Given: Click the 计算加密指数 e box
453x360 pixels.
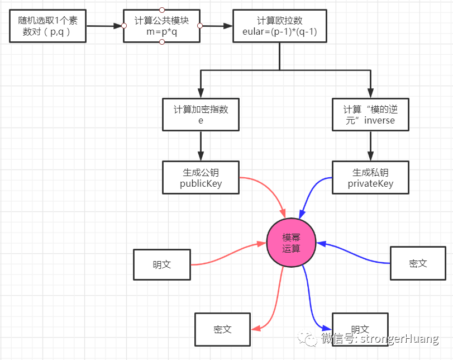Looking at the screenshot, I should (201, 115).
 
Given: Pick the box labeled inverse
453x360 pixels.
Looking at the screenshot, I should (370, 115).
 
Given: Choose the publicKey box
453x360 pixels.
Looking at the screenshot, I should (201, 177).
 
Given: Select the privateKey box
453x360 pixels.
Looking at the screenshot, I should (370, 177).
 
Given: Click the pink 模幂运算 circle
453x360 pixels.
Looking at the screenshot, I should (291, 243).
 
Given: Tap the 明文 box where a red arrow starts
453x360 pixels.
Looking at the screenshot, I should (162, 264).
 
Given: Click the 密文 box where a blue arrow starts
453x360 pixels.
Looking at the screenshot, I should (418, 263).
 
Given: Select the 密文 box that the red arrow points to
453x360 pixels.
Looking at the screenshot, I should (222, 329).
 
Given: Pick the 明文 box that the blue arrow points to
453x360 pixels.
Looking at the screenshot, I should (359, 329).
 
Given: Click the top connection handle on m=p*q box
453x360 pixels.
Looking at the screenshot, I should (162, 10).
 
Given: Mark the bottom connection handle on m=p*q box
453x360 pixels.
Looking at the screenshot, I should (162, 42).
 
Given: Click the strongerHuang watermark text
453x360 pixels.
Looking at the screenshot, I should (380, 339).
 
